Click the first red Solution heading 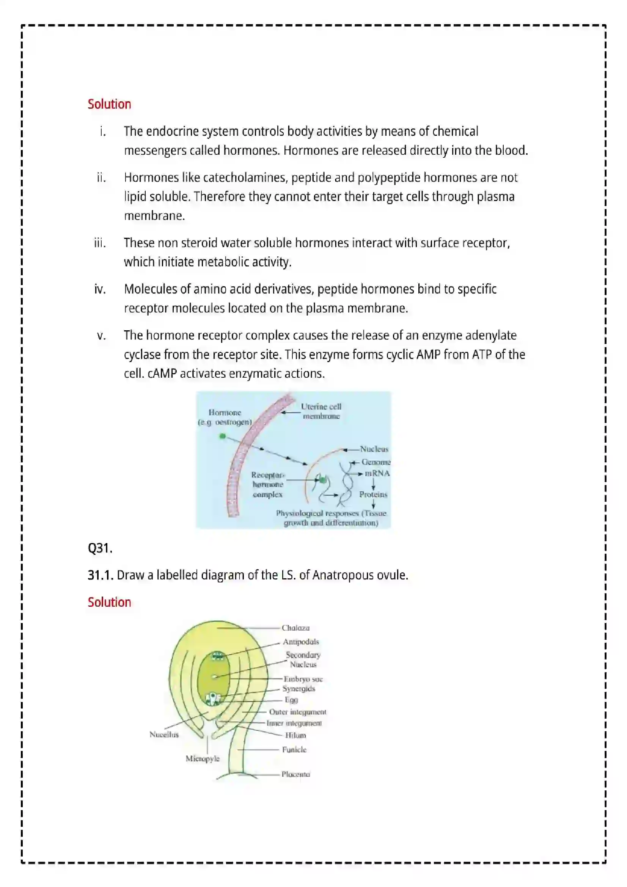tap(109, 104)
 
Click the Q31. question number tap(100, 548)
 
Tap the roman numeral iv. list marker tap(100, 289)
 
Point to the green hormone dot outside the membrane tap(223, 436)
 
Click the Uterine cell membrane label tap(321, 411)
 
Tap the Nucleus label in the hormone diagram tap(374, 449)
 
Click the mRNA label tap(377, 473)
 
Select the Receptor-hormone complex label tap(268, 484)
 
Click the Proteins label tap(373, 495)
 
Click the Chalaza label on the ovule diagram tap(295, 628)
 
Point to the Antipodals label tap(300, 642)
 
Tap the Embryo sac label tap(303, 679)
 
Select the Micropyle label tap(203, 758)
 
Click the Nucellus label tap(164, 735)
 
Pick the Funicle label tap(294, 749)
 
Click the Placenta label tap(295, 774)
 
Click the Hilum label tap(295, 735)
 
